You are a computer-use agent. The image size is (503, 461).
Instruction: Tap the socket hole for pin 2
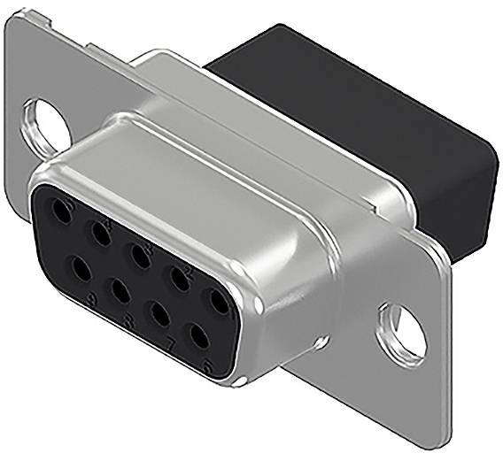point(180,278)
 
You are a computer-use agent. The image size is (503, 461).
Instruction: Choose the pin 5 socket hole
point(62,211)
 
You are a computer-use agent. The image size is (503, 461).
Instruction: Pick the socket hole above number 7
point(160,314)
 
